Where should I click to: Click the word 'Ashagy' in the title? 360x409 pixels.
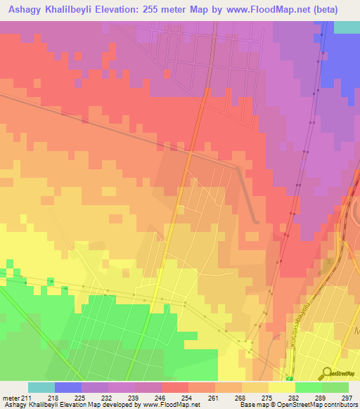(27, 10)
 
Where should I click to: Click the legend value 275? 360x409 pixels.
(267, 397)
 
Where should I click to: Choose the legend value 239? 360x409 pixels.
(134, 397)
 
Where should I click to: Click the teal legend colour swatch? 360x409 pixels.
(41, 387)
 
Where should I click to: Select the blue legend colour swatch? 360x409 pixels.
(68, 387)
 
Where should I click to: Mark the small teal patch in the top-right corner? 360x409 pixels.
(347, 27)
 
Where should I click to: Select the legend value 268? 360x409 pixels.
(240, 397)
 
